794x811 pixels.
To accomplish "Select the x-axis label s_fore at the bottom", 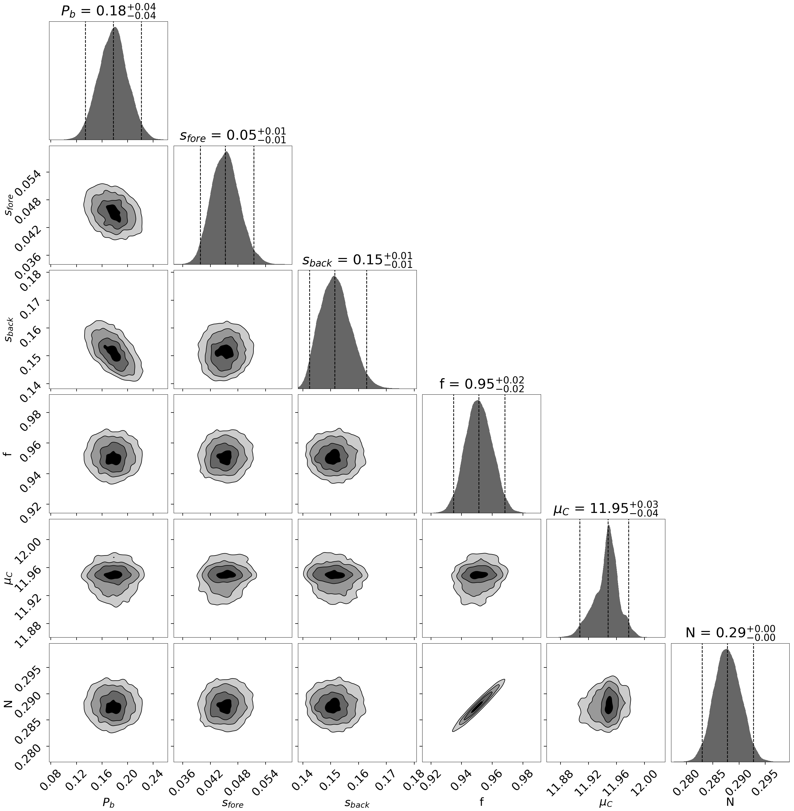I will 233,802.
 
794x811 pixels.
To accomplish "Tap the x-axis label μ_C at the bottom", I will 606,802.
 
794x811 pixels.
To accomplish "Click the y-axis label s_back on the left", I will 9,330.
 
